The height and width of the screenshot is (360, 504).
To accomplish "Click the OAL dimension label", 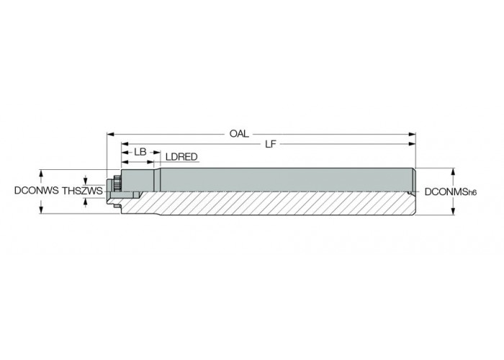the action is click(x=239, y=134).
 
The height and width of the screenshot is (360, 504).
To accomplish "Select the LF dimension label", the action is click(x=270, y=144).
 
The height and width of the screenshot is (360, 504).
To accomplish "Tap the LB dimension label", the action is click(x=140, y=152).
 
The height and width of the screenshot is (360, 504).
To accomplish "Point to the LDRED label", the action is click(x=181, y=157).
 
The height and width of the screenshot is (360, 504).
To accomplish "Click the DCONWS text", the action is click(x=37, y=191).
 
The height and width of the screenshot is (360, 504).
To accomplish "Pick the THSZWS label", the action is click(x=82, y=191).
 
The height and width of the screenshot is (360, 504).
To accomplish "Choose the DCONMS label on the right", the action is click(x=446, y=192).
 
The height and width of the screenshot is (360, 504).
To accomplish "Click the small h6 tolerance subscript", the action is click(x=472, y=193).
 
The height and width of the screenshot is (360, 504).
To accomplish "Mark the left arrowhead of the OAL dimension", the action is click(x=111, y=134).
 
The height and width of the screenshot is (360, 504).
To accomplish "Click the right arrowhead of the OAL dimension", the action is click(x=412, y=134).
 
